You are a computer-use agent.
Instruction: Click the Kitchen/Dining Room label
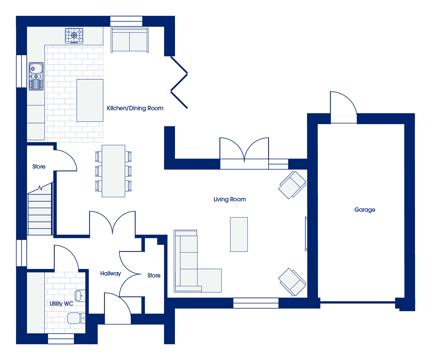tap(135, 108)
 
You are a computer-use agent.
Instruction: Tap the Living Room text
tap(230, 199)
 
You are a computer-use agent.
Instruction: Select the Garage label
tap(365, 210)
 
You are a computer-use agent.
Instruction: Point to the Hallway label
tap(110, 274)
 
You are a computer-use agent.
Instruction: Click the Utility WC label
tap(61, 304)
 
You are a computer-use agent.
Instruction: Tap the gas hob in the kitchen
tap(74, 36)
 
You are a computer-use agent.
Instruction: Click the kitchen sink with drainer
tap(36, 76)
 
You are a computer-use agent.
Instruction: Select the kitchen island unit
tap(90, 100)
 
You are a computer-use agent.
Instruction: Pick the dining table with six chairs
tap(113, 171)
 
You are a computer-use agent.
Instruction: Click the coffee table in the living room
tap(239, 234)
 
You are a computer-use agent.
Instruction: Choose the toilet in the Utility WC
tap(76, 318)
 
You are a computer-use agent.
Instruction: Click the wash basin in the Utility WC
tap(80, 296)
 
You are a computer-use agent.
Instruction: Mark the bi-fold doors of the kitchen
tap(179, 82)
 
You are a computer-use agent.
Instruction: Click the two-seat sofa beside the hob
tap(130, 40)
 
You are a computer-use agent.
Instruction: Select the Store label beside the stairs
tap(39, 167)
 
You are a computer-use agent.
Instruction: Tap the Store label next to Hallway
tap(154, 275)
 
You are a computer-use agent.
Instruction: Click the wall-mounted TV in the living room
tap(306, 234)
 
